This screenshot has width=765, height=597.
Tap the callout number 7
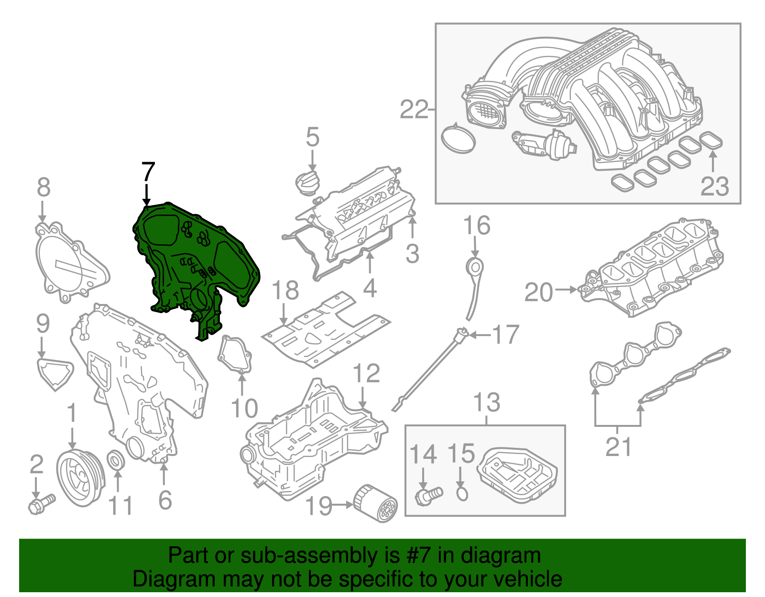(x=148, y=172)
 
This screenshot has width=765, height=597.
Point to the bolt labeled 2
(x=41, y=503)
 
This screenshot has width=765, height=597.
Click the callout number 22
(x=414, y=110)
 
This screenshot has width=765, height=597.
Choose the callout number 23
(x=714, y=186)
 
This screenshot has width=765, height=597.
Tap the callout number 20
(x=538, y=293)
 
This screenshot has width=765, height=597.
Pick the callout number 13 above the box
(x=487, y=402)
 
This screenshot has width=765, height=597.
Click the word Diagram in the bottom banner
(x=163, y=579)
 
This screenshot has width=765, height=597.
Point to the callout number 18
(x=285, y=291)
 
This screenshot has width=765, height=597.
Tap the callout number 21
(x=618, y=447)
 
